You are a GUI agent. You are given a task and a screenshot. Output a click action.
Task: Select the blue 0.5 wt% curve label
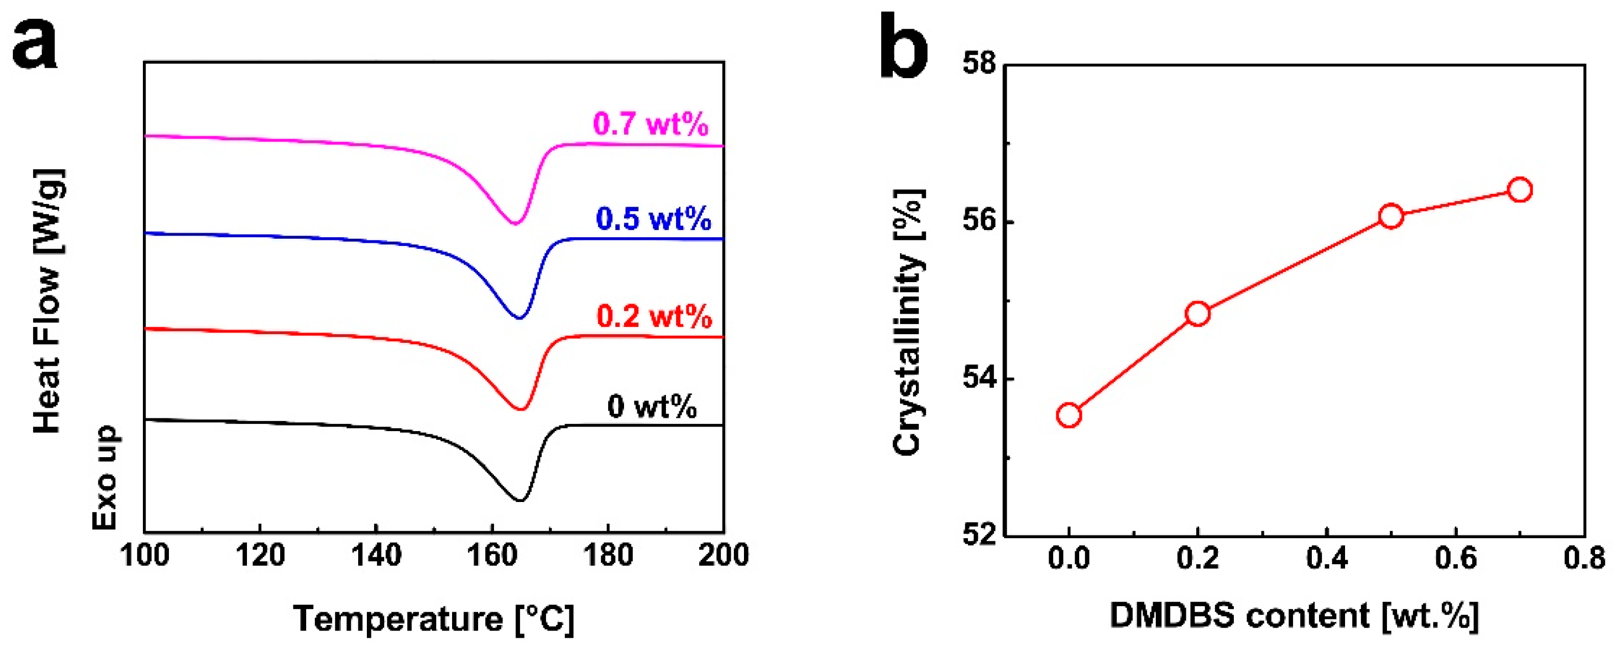point(653,219)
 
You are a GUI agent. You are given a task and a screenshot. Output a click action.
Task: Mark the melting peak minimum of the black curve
point(519,500)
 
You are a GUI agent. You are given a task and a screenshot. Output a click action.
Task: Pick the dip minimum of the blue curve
point(519,318)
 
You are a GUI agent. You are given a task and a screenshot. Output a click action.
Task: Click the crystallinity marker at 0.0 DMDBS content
point(1068,415)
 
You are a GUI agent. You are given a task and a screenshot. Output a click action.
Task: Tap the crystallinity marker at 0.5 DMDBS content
point(1391,216)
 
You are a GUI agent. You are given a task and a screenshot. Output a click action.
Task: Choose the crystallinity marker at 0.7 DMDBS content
point(1520,190)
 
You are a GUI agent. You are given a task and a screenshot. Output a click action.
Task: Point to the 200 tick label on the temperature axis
point(724,556)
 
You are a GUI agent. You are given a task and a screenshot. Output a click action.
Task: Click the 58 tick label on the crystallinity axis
point(979,65)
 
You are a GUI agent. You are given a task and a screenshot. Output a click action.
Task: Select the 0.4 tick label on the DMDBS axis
point(1327,558)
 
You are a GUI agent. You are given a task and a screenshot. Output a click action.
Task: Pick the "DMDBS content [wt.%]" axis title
point(1294,616)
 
